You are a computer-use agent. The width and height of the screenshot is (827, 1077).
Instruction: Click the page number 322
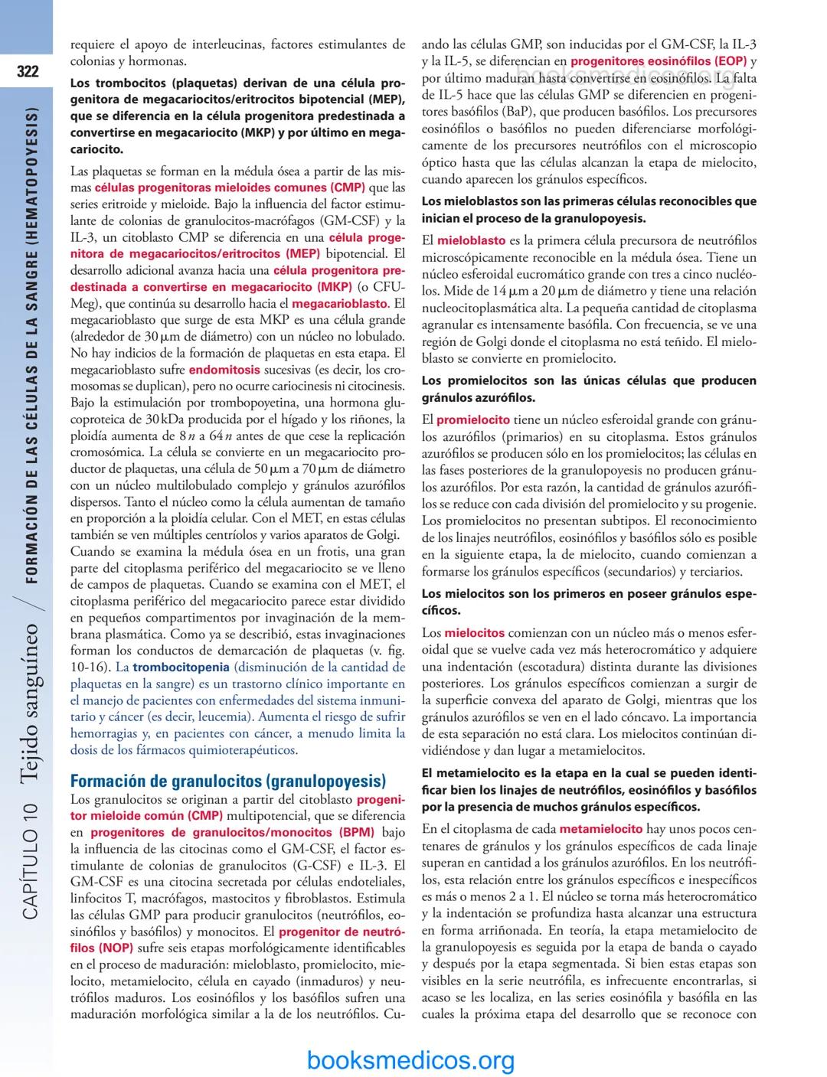coord(28,72)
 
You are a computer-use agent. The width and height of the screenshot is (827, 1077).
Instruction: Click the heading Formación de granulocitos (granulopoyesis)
coord(227,782)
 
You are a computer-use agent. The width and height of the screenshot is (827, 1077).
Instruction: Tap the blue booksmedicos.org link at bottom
coord(410,1059)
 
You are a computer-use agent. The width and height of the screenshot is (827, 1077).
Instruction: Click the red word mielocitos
coord(475,633)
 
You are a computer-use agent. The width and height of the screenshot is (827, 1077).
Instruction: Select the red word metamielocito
coord(601,829)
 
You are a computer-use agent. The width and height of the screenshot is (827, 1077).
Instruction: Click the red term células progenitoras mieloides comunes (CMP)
coord(230,187)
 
